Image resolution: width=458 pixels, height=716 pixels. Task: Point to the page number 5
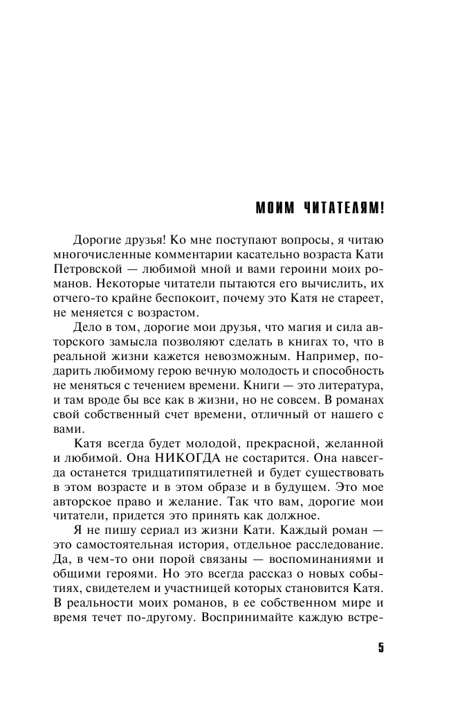[380, 648]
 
